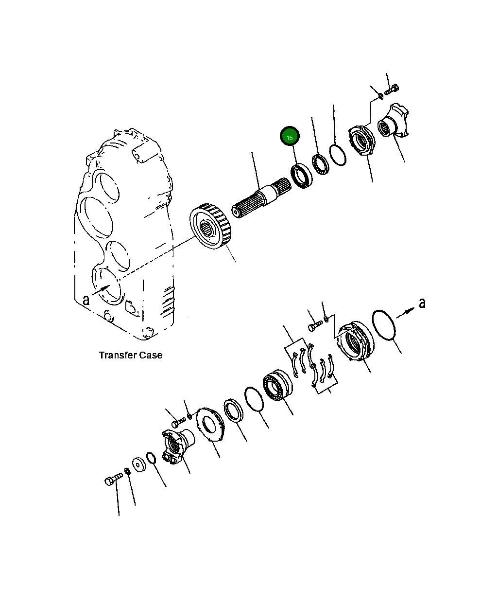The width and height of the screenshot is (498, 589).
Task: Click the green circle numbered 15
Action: pyautogui.click(x=290, y=137)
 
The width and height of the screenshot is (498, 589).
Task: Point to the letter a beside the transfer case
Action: pyautogui.click(x=86, y=299)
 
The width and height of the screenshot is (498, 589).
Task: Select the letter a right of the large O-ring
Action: pyautogui.click(x=422, y=303)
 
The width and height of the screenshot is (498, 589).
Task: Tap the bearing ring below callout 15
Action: pyautogui.click(x=302, y=176)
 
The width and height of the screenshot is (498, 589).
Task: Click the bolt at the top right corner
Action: pyautogui.click(x=392, y=90)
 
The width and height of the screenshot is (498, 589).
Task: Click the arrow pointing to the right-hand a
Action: pyautogui.click(x=406, y=311)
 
